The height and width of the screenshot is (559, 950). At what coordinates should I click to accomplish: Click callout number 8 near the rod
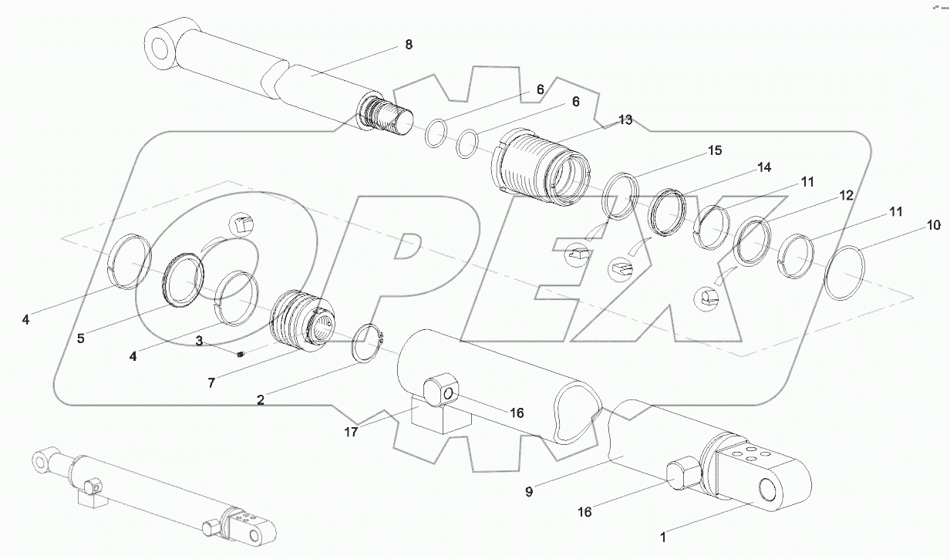[x=408, y=45]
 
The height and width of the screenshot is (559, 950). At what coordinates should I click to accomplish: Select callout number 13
[x=625, y=120]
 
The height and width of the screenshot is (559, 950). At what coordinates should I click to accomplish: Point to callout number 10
[x=933, y=225]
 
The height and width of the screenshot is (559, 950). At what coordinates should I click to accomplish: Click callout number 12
[x=846, y=196]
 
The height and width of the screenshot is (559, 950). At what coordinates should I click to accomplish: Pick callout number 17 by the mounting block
[x=351, y=432]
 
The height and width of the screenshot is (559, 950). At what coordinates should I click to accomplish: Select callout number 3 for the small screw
[x=198, y=340]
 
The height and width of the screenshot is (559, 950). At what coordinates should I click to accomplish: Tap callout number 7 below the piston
[x=211, y=382]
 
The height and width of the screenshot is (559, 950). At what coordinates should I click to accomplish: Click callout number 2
[x=260, y=399]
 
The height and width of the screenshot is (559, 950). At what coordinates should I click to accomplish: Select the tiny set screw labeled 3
[x=240, y=355]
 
